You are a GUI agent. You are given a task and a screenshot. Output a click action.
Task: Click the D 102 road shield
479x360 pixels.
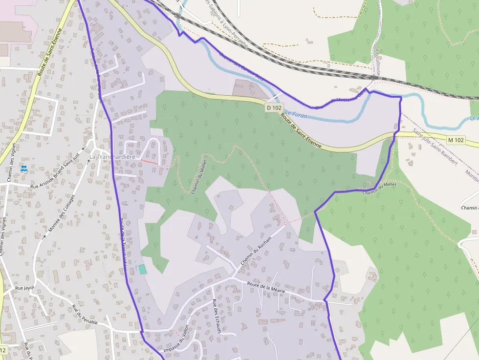pyautogui.click(x=275, y=107)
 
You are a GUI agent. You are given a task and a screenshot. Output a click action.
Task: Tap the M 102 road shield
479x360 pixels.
pyautogui.click(x=456, y=140)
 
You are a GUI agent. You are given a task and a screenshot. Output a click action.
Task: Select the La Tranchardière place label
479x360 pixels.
pyautogui.click(x=112, y=157)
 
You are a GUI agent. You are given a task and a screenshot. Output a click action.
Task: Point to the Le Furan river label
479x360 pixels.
pyautogui.click(x=296, y=114)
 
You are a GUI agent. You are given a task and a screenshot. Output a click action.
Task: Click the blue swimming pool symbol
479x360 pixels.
pyautogui.click(x=24, y=169)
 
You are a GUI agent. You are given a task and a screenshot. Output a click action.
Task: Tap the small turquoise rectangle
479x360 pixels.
pyautogui.click(x=142, y=269)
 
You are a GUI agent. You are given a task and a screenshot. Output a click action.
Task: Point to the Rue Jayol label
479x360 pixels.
pyautogui.click(x=25, y=288)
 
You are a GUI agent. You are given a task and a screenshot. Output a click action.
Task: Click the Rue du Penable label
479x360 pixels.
pyautogui.click(x=85, y=315)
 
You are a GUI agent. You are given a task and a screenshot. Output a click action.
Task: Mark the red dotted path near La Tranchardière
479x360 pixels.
pyautogui.click(x=150, y=161)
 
